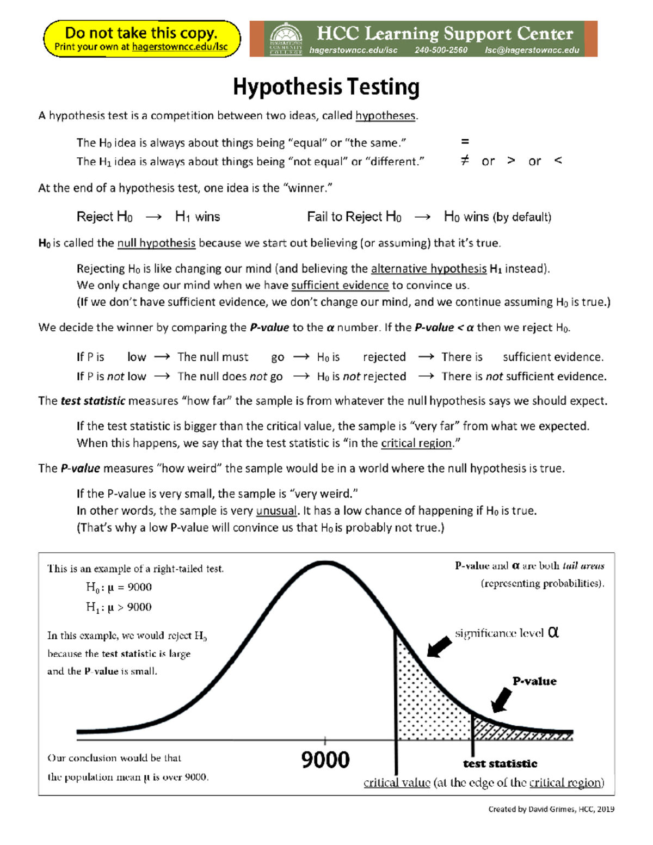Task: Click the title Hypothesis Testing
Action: pyautogui.click(x=326, y=87)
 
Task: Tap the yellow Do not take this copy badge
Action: pyautogui.click(x=141, y=39)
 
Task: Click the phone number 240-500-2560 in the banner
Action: pyautogui.click(x=441, y=51)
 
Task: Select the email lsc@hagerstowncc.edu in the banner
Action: pyautogui.click(x=532, y=51)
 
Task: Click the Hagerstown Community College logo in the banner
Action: pyautogui.click(x=286, y=39)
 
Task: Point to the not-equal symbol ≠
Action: pyautogui.click(x=464, y=161)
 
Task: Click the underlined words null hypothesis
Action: pyautogui.click(x=156, y=243)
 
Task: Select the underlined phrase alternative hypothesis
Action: pyautogui.click(x=429, y=269)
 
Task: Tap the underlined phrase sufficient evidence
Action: pyautogui.click(x=340, y=286)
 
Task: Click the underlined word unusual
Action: pyautogui.click(x=276, y=511)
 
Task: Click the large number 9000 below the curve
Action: pyautogui.click(x=325, y=760)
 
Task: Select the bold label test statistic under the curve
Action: pyautogui.click(x=500, y=764)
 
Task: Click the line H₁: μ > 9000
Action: pyautogui.click(x=119, y=607)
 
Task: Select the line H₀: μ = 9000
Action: pyautogui.click(x=119, y=587)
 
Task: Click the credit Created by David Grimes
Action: pyautogui.click(x=551, y=809)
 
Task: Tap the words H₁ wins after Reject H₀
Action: pyautogui.click(x=198, y=217)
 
